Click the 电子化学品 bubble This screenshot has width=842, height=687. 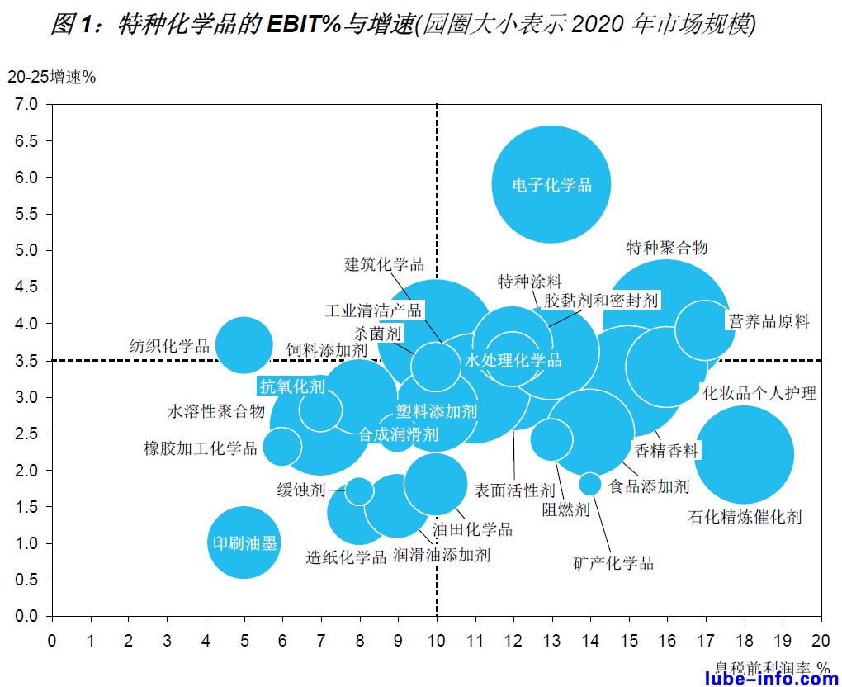(551, 184)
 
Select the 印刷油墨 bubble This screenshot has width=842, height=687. (244, 542)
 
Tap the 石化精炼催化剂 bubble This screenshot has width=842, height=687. (744, 454)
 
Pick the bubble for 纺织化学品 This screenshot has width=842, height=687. (244, 345)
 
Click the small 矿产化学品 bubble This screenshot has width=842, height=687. (589, 484)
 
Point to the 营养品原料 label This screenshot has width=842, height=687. (769, 322)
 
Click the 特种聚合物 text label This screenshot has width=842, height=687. (667, 247)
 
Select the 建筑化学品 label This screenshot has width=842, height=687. (384, 264)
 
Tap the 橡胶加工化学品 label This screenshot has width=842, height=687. (201, 449)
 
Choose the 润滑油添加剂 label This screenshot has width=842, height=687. (442, 555)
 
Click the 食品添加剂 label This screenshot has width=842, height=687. (649, 486)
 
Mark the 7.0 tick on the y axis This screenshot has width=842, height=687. (26, 104)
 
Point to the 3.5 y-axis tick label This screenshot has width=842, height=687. (26, 360)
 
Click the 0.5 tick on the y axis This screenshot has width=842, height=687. (26, 580)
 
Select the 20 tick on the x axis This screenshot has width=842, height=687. (821, 640)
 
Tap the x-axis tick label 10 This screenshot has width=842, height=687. (436, 640)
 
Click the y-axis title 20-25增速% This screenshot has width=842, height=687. (51, 77)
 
